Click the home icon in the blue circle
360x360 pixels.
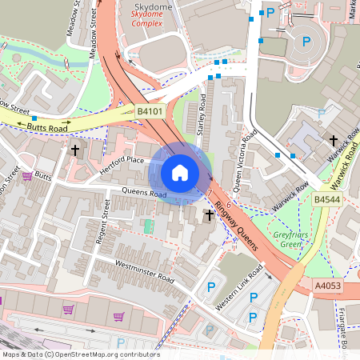click(x=180, y=173)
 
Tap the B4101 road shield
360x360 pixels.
click(x=150, y=111)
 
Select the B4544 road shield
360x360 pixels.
click(x=326, y=199)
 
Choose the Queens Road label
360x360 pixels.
click(x=144, y=194)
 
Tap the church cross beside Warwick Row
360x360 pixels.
click(x=334, y=141)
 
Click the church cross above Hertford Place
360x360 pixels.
click(x=76, y=150)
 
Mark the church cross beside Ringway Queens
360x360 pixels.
click(x=210, y=215)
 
